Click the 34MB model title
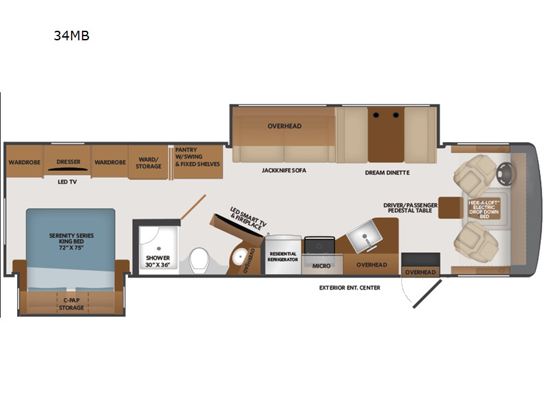click(72, 36)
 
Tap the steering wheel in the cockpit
click(505, 174)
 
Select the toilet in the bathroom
click(200, 260)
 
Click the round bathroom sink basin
click(240, 257)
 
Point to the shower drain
click(159, 249)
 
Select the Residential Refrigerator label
click(283, 257)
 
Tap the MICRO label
click(321, 266)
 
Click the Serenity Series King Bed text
click(72, 242)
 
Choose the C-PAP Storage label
click(71, 304)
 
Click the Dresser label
click(68, 162)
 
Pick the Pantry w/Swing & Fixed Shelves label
click(198, 157)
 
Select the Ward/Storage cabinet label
click(148, 163)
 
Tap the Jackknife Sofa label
click(284, 170)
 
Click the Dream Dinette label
click(387, 173)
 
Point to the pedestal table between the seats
click(451, 208)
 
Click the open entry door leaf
click(427, 294)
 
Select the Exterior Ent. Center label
click(349, 288)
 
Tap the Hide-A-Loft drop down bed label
click(484, 209)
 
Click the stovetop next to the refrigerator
click(319, 245)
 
